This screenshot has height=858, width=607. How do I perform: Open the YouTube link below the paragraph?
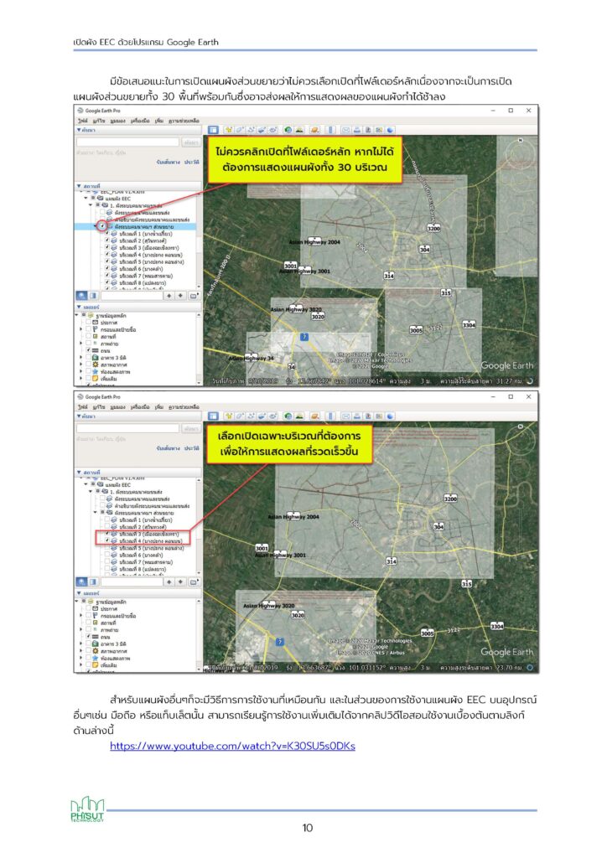232,746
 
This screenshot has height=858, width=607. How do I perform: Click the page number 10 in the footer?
308,829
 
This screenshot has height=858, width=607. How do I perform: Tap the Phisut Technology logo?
86,810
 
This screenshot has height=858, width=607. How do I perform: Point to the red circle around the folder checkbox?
101,226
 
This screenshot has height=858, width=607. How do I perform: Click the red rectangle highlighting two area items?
144,537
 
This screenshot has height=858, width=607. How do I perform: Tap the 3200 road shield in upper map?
433,228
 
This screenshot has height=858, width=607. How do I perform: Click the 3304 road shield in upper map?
469,325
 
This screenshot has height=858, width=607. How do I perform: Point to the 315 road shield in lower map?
466,582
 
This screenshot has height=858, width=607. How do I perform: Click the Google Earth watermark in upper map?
507,365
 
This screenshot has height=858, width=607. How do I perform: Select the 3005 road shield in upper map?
415,330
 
